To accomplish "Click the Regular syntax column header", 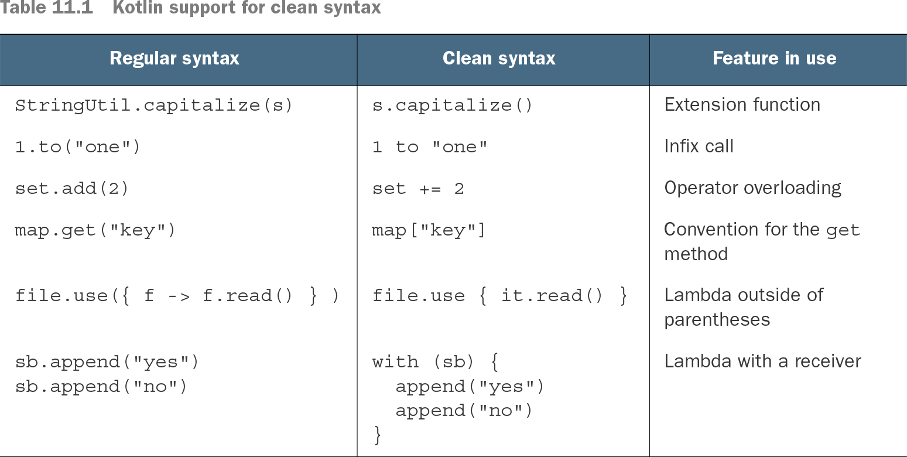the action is tap(174, 59).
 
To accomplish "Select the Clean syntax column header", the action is tap(499, 59).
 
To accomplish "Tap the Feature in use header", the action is tap(774, 59).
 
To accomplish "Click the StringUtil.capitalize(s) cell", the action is tap(153, 105).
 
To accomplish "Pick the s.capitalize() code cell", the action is tap(452, 105).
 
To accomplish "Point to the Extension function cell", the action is tap(742, 104).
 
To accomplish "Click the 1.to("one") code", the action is tap(77, 146).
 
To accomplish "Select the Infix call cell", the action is tap(699, 146).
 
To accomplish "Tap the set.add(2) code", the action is tap(71, 189).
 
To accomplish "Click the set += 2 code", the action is tap(418, 189).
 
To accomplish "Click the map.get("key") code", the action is tap(95, 230).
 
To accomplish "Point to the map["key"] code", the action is tap(429, 230).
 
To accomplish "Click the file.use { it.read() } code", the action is tap(499, 296).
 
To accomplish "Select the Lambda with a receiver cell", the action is tap(763, 361).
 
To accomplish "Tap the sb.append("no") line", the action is tap(101, 387).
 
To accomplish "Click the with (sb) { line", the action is tap(435, 361).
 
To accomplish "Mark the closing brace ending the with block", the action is tap(377, 435).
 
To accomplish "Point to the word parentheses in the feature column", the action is tap(717, 320).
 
